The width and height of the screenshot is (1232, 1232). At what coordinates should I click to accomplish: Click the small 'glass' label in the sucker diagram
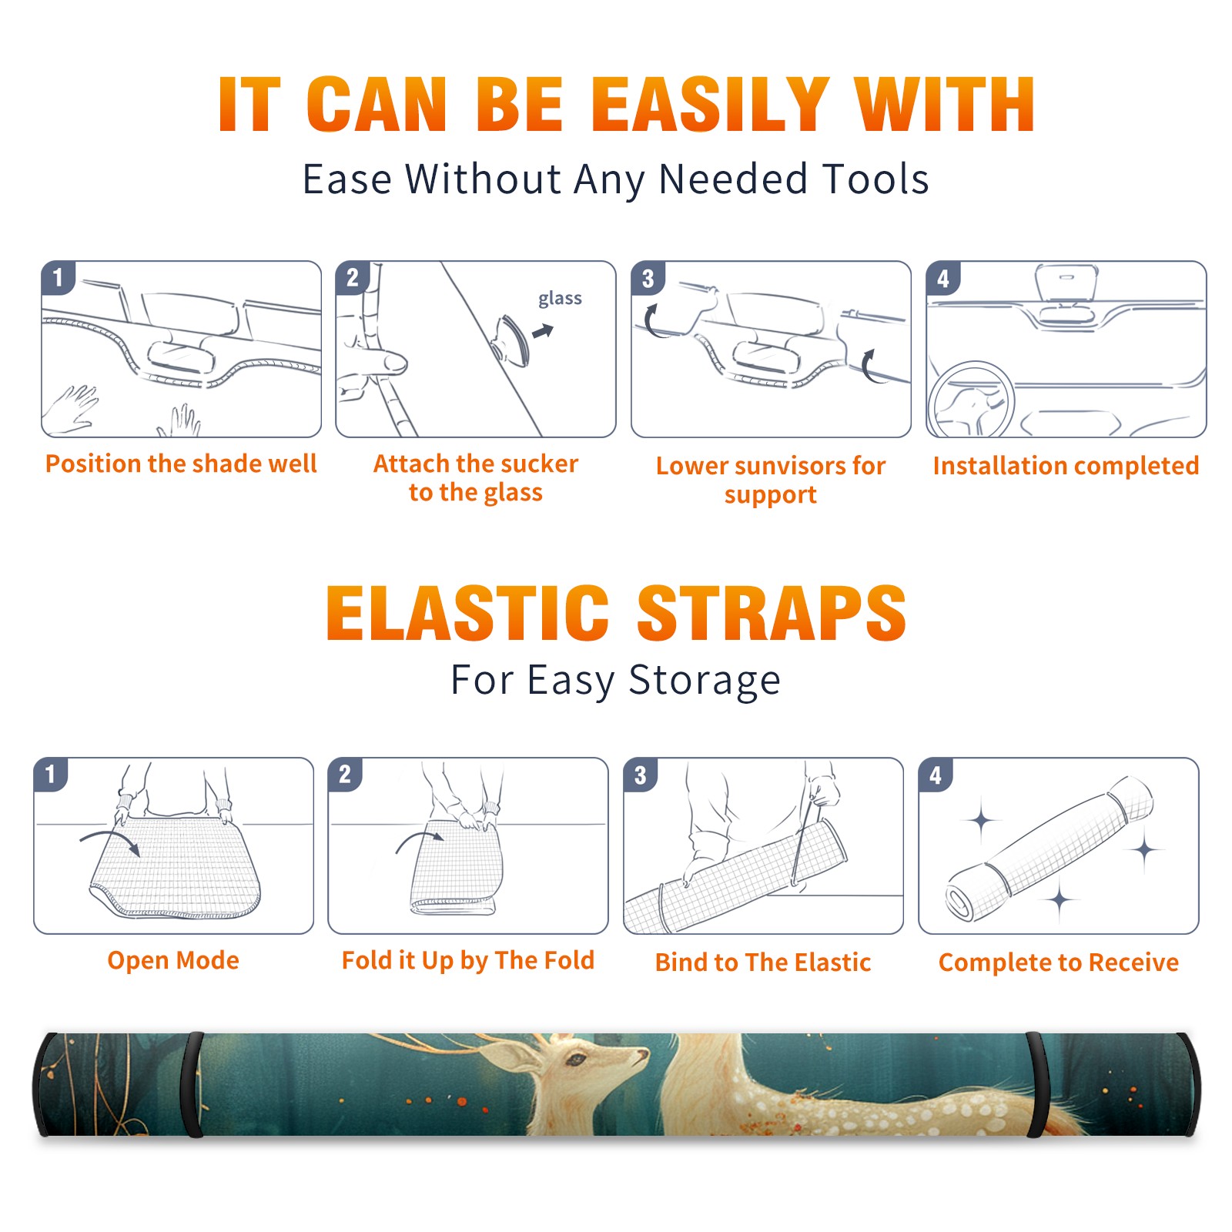(560, 299)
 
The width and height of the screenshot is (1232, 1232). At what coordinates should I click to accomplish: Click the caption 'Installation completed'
(1066, 465)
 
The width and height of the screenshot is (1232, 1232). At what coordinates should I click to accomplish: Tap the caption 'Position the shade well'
(181, 464)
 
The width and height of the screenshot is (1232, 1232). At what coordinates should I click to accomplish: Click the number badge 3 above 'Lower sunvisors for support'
(648, 278)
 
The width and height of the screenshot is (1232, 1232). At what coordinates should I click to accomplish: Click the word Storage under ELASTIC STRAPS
(705, 681)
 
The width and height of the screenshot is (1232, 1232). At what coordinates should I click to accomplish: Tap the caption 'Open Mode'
(173, 960)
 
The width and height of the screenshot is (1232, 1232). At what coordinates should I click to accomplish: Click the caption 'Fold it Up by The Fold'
(468, 960)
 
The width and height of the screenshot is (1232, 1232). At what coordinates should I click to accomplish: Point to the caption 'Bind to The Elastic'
(763, 962)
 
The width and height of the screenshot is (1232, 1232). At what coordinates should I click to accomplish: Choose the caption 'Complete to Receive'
(1059, 962)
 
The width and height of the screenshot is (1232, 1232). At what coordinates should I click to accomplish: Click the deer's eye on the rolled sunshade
(575, 1060)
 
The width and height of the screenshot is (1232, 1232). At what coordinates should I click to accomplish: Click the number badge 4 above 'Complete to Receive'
(936, 775)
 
